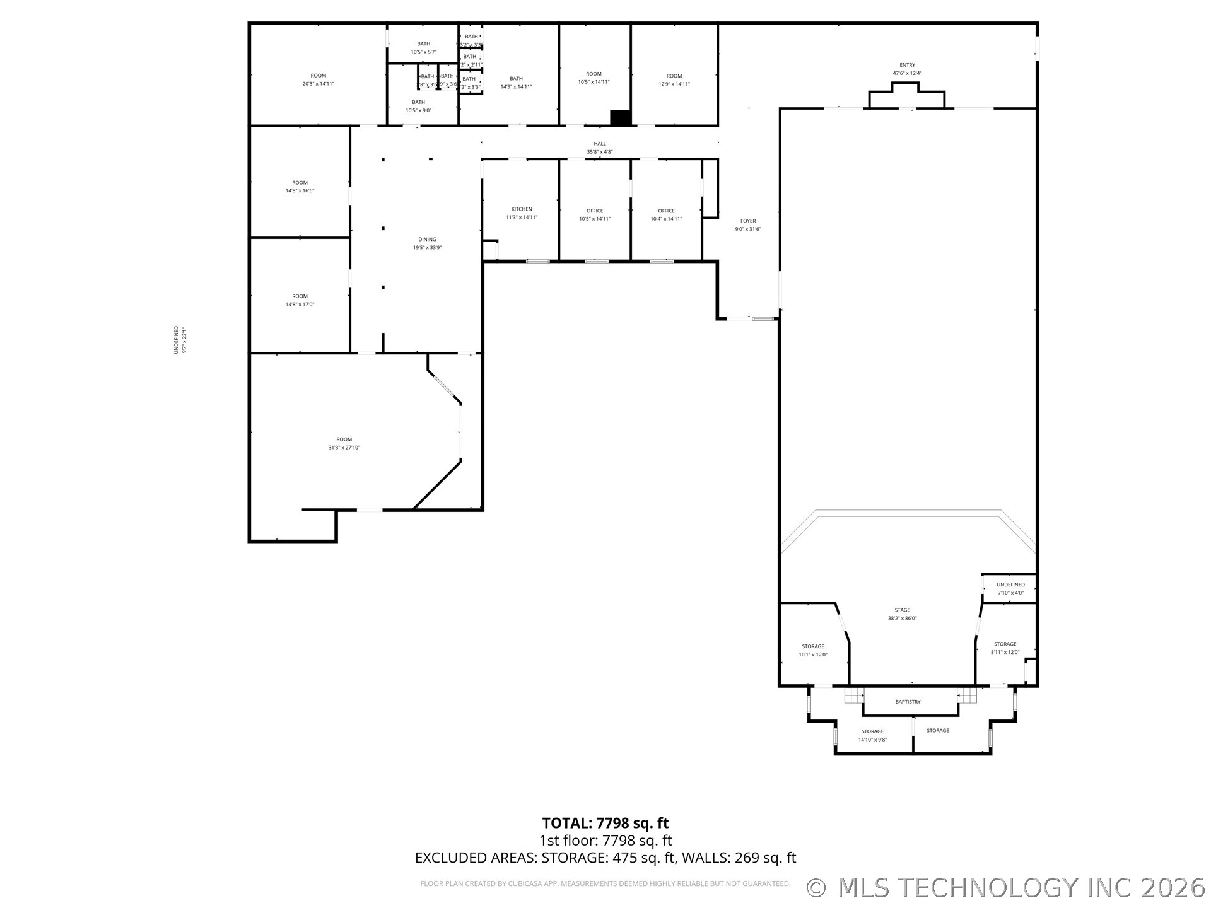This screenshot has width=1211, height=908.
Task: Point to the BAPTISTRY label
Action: pyautogui.click(x=908, y=702)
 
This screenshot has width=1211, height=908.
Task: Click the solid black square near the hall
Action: pyautogui.click(x=621, y=118)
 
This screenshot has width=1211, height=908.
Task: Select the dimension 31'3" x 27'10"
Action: pyautogui.click(x=344, y=448)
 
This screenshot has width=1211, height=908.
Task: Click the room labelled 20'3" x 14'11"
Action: pyautogui.click(x=318, y=79)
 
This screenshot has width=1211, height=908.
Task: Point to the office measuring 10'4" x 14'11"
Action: pyautogui.click(x=666, y=214)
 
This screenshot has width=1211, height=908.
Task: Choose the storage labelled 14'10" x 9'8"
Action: pyautogui.click(x=872, y=735)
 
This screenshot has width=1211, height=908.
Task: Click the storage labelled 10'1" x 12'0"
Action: pyautogui.click(x=812, y=650)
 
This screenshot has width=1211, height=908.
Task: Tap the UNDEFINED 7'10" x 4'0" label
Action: pyautogui.click(x=1010, y=588)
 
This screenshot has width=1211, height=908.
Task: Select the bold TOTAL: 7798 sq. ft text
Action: pyautogui.click(x=605, y=823)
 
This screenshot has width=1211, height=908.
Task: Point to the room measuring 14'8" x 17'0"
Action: pyautogui.click(x=300, y=300)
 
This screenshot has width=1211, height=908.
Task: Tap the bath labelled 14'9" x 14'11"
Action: pyautogui.click(x=516, y=83)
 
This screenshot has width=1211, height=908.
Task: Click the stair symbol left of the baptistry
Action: pyautogui.click(x=854, y=696)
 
